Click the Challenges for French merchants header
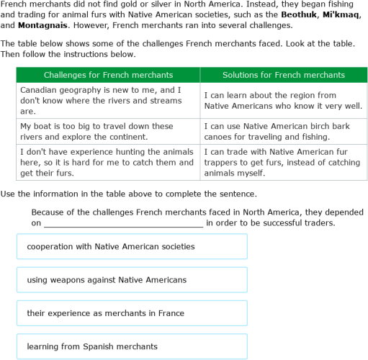pyautogui.click(x=108, y=75)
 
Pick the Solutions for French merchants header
pyautogui.click(x=283, y=75)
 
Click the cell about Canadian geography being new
pyautogui.click(x=108, y=101)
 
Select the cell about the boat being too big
pyautogui.click(x=108, y=131)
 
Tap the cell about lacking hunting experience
pyautogui.click(x=108, y=162)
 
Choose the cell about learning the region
pyautogui.click(x=283, y=101)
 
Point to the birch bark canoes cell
pyautogui.click(x=283, y=131)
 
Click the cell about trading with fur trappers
pyautogui.click(x=283, y=162)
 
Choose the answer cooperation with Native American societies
pyautogui.click(x=132, y=246)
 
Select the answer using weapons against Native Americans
pyautogui.click(x=132, y=279)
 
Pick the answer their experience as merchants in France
pyautogui.click(x=132, y=313)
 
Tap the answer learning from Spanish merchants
pyautogui.click(x=132, y=346)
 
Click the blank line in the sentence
pyautogui.click(x=124, y=224)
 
